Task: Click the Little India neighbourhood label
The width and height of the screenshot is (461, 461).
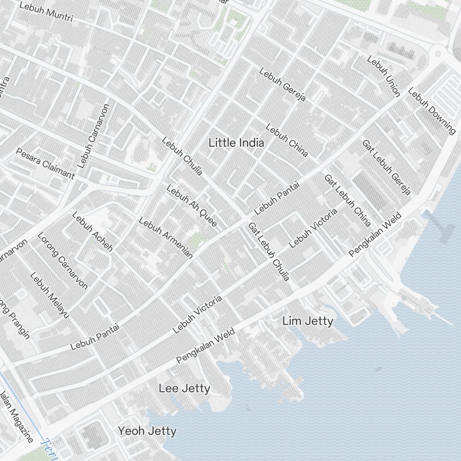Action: [236, 143]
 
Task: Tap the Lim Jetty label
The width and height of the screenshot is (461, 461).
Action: [307, 321]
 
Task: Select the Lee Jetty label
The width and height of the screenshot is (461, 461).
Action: [184, 389]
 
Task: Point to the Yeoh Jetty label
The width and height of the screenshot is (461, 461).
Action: [147, 431]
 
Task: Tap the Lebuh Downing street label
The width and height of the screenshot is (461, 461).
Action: [432, 111]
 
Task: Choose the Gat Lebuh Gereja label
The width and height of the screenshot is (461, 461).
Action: [386, 167]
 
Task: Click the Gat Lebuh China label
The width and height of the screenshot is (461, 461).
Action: [348, 201]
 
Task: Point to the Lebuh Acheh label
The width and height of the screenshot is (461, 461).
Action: [92, 232]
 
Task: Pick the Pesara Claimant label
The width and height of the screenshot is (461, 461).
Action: [45, 163]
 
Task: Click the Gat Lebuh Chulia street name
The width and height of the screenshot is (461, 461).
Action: [269, 252]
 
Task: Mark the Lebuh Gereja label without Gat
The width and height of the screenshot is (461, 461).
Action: [283, 85]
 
